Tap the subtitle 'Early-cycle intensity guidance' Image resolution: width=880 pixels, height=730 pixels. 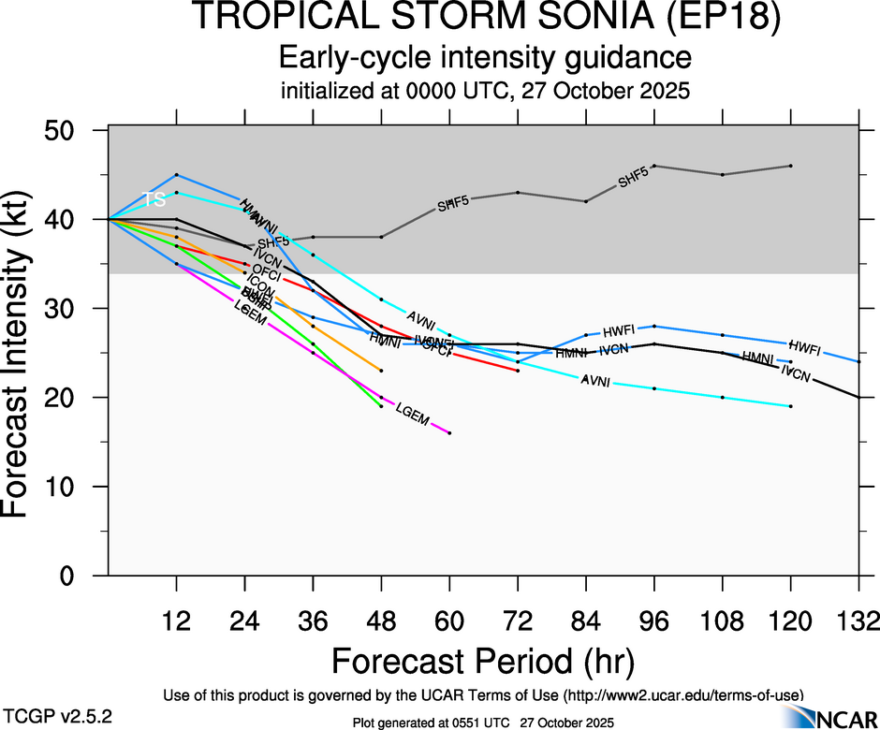pyautogui.click(x=485, y=58)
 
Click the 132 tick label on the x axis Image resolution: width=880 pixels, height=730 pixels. pyautogui.click(x=858, y=621)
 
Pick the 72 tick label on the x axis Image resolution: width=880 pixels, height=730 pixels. pyautogui.click(x=518, y=621)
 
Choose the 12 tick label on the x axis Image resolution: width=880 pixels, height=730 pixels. pyautogui.click(x=176, y=621)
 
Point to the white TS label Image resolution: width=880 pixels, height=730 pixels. pyautogui.click(x=154, y=199)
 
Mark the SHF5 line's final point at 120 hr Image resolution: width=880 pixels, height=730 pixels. pyautogui.click(x=791, y=166)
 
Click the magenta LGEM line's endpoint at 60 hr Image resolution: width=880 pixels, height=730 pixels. pyautogui.click(x=449, y=433)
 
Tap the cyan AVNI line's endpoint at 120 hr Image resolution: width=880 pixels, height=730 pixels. pyautogui.click(x=791, y=406)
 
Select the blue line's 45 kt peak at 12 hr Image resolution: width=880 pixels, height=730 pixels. pyautogui.click(x=176, y=175)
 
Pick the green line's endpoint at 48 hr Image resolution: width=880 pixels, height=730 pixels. pyautogui.click(x=381, y=406)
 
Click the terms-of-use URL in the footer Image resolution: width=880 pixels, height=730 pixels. pyautogui.click(x=683, y=694)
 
